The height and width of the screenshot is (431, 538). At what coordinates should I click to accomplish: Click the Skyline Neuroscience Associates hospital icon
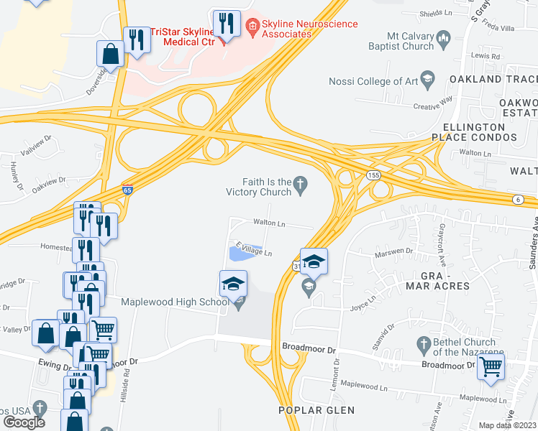pyautogui.click(x=252, y=29)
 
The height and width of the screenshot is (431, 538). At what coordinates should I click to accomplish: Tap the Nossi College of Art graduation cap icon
pyautogui.click(x=428, y=80)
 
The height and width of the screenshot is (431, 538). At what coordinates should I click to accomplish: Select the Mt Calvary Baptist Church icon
pyautogui.click(x=443, y=37)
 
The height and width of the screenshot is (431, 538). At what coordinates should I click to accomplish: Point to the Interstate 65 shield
pyautogui.click(x=127, y=190)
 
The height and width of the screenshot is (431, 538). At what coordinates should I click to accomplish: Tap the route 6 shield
pyautogui.click(x=516, y=199)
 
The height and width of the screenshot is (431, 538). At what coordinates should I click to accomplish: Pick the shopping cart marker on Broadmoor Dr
pyautogui.click(x=491, y=366)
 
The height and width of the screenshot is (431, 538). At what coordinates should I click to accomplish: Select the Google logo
pyautogui.click(x=24, y=422)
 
